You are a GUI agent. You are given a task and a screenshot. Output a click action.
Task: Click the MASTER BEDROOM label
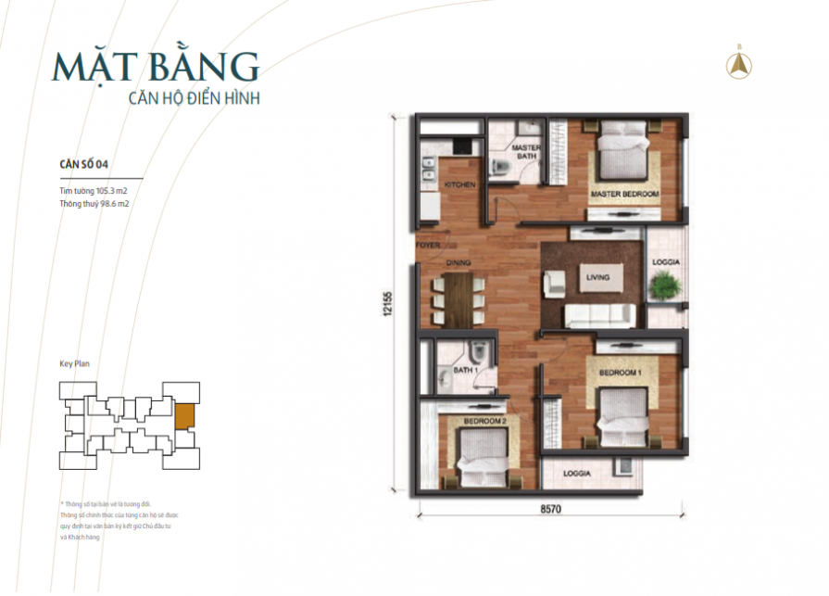pos(624,195)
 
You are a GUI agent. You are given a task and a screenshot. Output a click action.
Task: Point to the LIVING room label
pos(595,276)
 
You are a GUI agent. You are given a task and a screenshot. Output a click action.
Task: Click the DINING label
pos(459,263)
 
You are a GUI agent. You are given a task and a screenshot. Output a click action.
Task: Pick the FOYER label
pos(427,247)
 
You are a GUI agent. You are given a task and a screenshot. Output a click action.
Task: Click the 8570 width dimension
pos(553,509)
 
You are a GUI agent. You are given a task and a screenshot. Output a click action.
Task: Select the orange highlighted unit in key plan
pos(184,416)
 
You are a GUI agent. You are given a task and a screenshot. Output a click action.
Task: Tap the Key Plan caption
pos(74,365)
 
